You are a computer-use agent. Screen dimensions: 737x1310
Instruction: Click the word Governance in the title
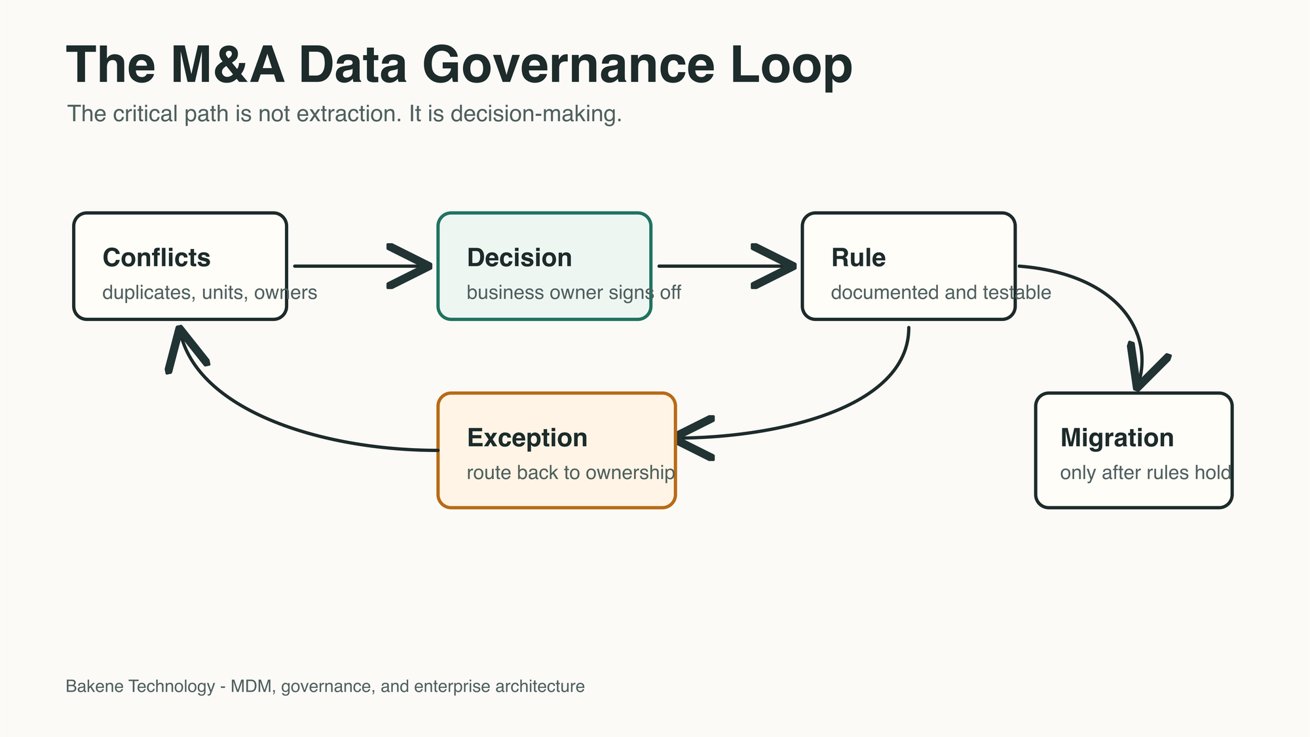coord(569,66)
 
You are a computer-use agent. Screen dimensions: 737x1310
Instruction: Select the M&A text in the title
coord(227,66)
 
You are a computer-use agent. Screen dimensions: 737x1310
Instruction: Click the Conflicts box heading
coord(157,257)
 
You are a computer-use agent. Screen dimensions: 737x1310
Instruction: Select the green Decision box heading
coord(519,257)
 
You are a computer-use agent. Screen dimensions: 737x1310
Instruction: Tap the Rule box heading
coord(858,257)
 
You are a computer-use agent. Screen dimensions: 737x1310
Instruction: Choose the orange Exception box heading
coord(527,438)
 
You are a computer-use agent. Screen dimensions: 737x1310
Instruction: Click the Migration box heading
coord(1117,438)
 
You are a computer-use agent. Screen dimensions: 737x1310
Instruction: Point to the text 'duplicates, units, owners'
coord(210,292)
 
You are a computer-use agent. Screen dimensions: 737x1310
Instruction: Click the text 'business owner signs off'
coord(574,292)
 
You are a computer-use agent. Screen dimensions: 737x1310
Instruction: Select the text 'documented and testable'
coord(941,292)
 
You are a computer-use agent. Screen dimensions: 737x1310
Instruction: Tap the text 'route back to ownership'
coord(571,472)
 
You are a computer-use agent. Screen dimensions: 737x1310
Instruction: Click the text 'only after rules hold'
coord(1146,472)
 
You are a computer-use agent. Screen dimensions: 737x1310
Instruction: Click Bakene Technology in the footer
coord(140,686)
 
